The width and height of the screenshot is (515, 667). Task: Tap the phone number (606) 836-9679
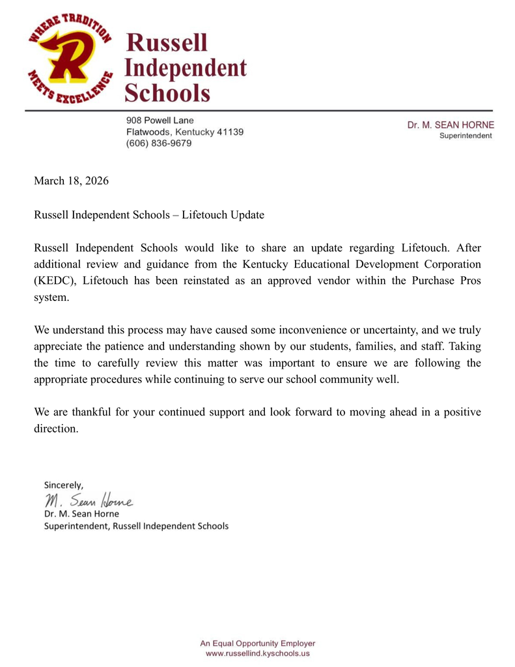coord(159,143)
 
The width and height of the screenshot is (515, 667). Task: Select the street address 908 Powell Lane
coord(160,120)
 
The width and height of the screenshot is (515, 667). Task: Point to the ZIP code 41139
coord(230,132)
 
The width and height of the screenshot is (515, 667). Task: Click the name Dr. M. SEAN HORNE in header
coord(451,124)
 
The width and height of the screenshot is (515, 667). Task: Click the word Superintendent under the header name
coord(466,135)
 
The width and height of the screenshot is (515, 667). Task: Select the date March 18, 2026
coord(71,180)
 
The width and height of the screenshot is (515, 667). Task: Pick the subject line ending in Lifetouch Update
coord(149,214)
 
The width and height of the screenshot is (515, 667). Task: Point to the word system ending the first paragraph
coord(51,297)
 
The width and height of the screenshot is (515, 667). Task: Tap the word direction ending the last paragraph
coord(56,429)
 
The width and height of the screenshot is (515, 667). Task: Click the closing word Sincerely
coord(63,485)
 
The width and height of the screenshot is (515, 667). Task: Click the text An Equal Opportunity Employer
coord(257,643)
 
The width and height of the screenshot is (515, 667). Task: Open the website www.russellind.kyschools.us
coord(257,653)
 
